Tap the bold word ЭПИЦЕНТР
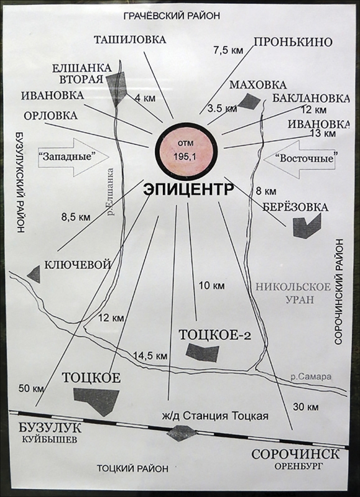[188, 191]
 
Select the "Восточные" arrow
[300, 158]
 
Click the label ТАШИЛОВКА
[130, 40]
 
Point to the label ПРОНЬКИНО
[293, 42]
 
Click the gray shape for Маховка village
[249, 101]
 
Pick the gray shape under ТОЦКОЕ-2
[203, 353]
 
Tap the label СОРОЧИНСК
[295, 454]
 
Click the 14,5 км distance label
[150, 355]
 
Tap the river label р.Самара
[312, 376]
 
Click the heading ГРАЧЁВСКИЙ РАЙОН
[172, 16]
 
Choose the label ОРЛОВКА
[50, 116]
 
